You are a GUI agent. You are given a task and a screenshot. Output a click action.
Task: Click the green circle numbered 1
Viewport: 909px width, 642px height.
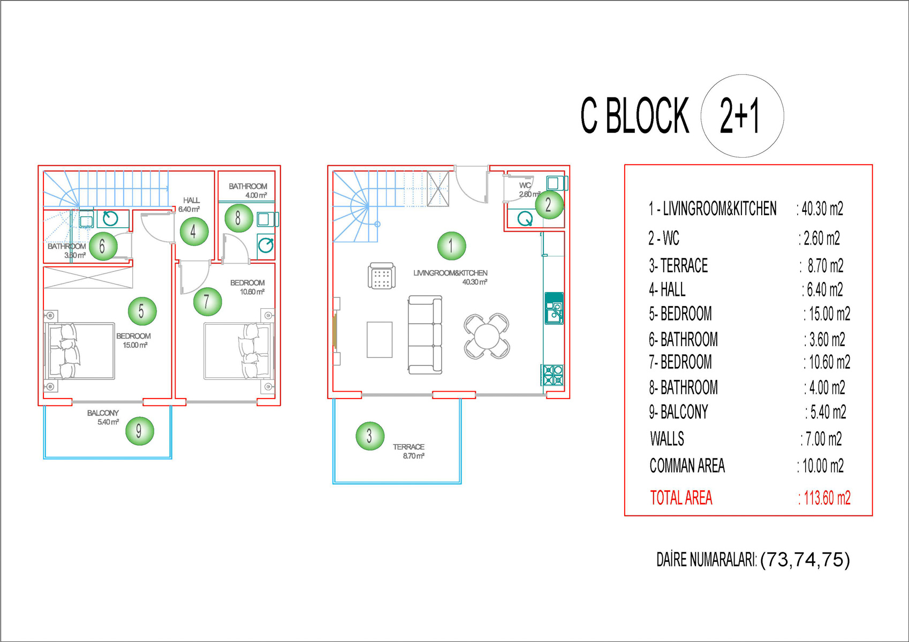pyautogui.click(x=451, y=246)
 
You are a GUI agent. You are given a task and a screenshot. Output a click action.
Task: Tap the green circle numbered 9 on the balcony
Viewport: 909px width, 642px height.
pyautogui.click(x=139, y=431)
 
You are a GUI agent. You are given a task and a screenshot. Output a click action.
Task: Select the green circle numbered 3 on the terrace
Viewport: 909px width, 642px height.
pyautogui.click(x=370, y=436)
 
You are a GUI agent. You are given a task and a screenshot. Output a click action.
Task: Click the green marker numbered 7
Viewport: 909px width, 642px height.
pyautogui.click(x=207, y=301)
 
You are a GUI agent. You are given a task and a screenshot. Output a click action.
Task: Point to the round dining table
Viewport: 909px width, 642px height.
pyautogui.click(x=487, y=336)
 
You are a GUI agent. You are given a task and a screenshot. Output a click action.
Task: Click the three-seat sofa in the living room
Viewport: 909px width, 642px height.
pyautogui.click(x=425, y=334)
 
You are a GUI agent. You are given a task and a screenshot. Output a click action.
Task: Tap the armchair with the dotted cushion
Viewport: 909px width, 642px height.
pyautogui.click(x=382, y=276)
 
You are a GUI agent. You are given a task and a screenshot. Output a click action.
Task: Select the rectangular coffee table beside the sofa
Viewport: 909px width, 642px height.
pyautogui.click(x=380, y=340)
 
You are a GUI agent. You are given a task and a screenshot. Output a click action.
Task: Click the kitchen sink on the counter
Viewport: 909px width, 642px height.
pyautogui.click(x=554, y=308)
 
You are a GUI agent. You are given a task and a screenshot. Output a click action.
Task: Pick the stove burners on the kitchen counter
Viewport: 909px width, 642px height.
pyautogui.click(x=552, y=375)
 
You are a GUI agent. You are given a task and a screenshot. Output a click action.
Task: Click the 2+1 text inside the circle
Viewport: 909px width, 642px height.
pyautogui.click(x=739, y=117)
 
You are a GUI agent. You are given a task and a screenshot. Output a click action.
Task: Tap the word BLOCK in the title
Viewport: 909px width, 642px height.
pyautogui.click(x=647, y=116)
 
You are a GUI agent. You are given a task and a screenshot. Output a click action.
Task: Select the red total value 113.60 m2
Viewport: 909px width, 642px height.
pyautogui.click(x=824, y=498)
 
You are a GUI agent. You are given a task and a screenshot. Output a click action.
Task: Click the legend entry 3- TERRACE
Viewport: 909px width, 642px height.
pyautogui.click(x=678, y=266)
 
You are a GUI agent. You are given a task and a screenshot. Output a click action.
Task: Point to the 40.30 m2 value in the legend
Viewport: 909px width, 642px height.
pyautogui.click(x=820, y=209)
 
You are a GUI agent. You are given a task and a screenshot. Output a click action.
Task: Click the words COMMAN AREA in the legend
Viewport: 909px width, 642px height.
pyautogui.click(x=687, y=465)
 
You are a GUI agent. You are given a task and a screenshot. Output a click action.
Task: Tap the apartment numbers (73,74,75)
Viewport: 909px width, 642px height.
pyautogui.click(x=805, y=560)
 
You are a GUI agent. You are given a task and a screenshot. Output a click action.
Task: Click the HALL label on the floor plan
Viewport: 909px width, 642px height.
pyautogui.click(x=191, y=200)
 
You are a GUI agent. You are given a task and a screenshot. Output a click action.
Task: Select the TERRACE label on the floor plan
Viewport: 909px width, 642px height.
pyautogui.click(x=408, y=447)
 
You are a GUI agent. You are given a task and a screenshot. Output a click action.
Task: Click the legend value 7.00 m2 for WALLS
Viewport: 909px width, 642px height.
pyautogui.click(x=822, y=439)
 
